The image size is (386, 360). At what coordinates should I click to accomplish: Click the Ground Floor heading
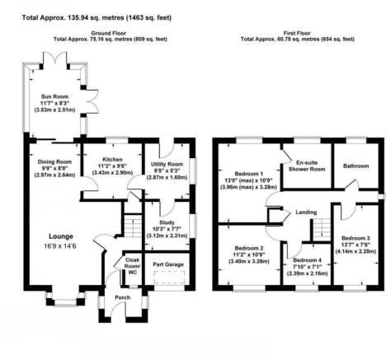[x=111, y=32]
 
